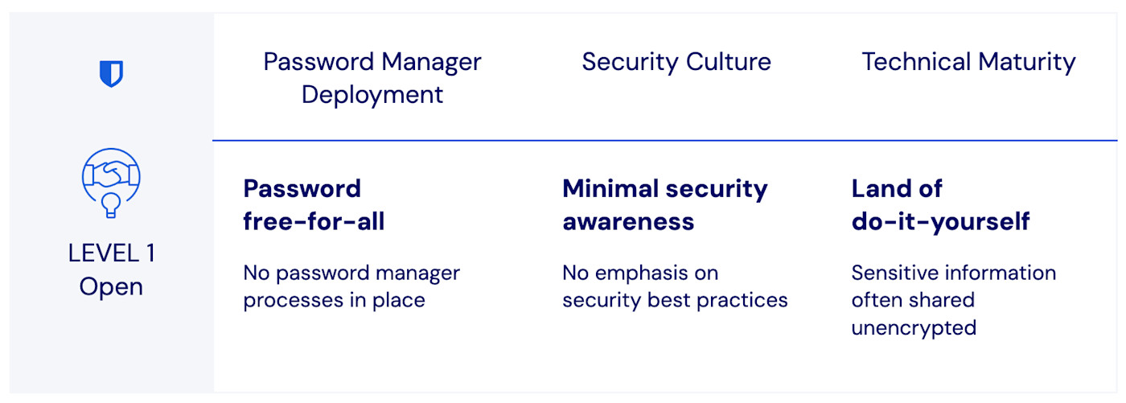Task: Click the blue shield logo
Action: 111,75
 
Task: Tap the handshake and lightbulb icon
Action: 111,182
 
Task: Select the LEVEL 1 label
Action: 111,253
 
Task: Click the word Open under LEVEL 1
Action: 111,286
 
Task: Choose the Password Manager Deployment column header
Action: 372,78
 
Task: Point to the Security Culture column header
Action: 676,62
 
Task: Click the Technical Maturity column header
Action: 968,62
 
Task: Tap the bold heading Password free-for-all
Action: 314,205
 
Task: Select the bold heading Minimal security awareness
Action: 664,205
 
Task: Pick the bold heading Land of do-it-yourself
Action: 940,205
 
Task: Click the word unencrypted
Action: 914,327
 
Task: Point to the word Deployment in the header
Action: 372,94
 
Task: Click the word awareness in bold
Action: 628,221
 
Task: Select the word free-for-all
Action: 314,221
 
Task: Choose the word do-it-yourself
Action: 940,221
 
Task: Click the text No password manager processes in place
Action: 351,286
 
